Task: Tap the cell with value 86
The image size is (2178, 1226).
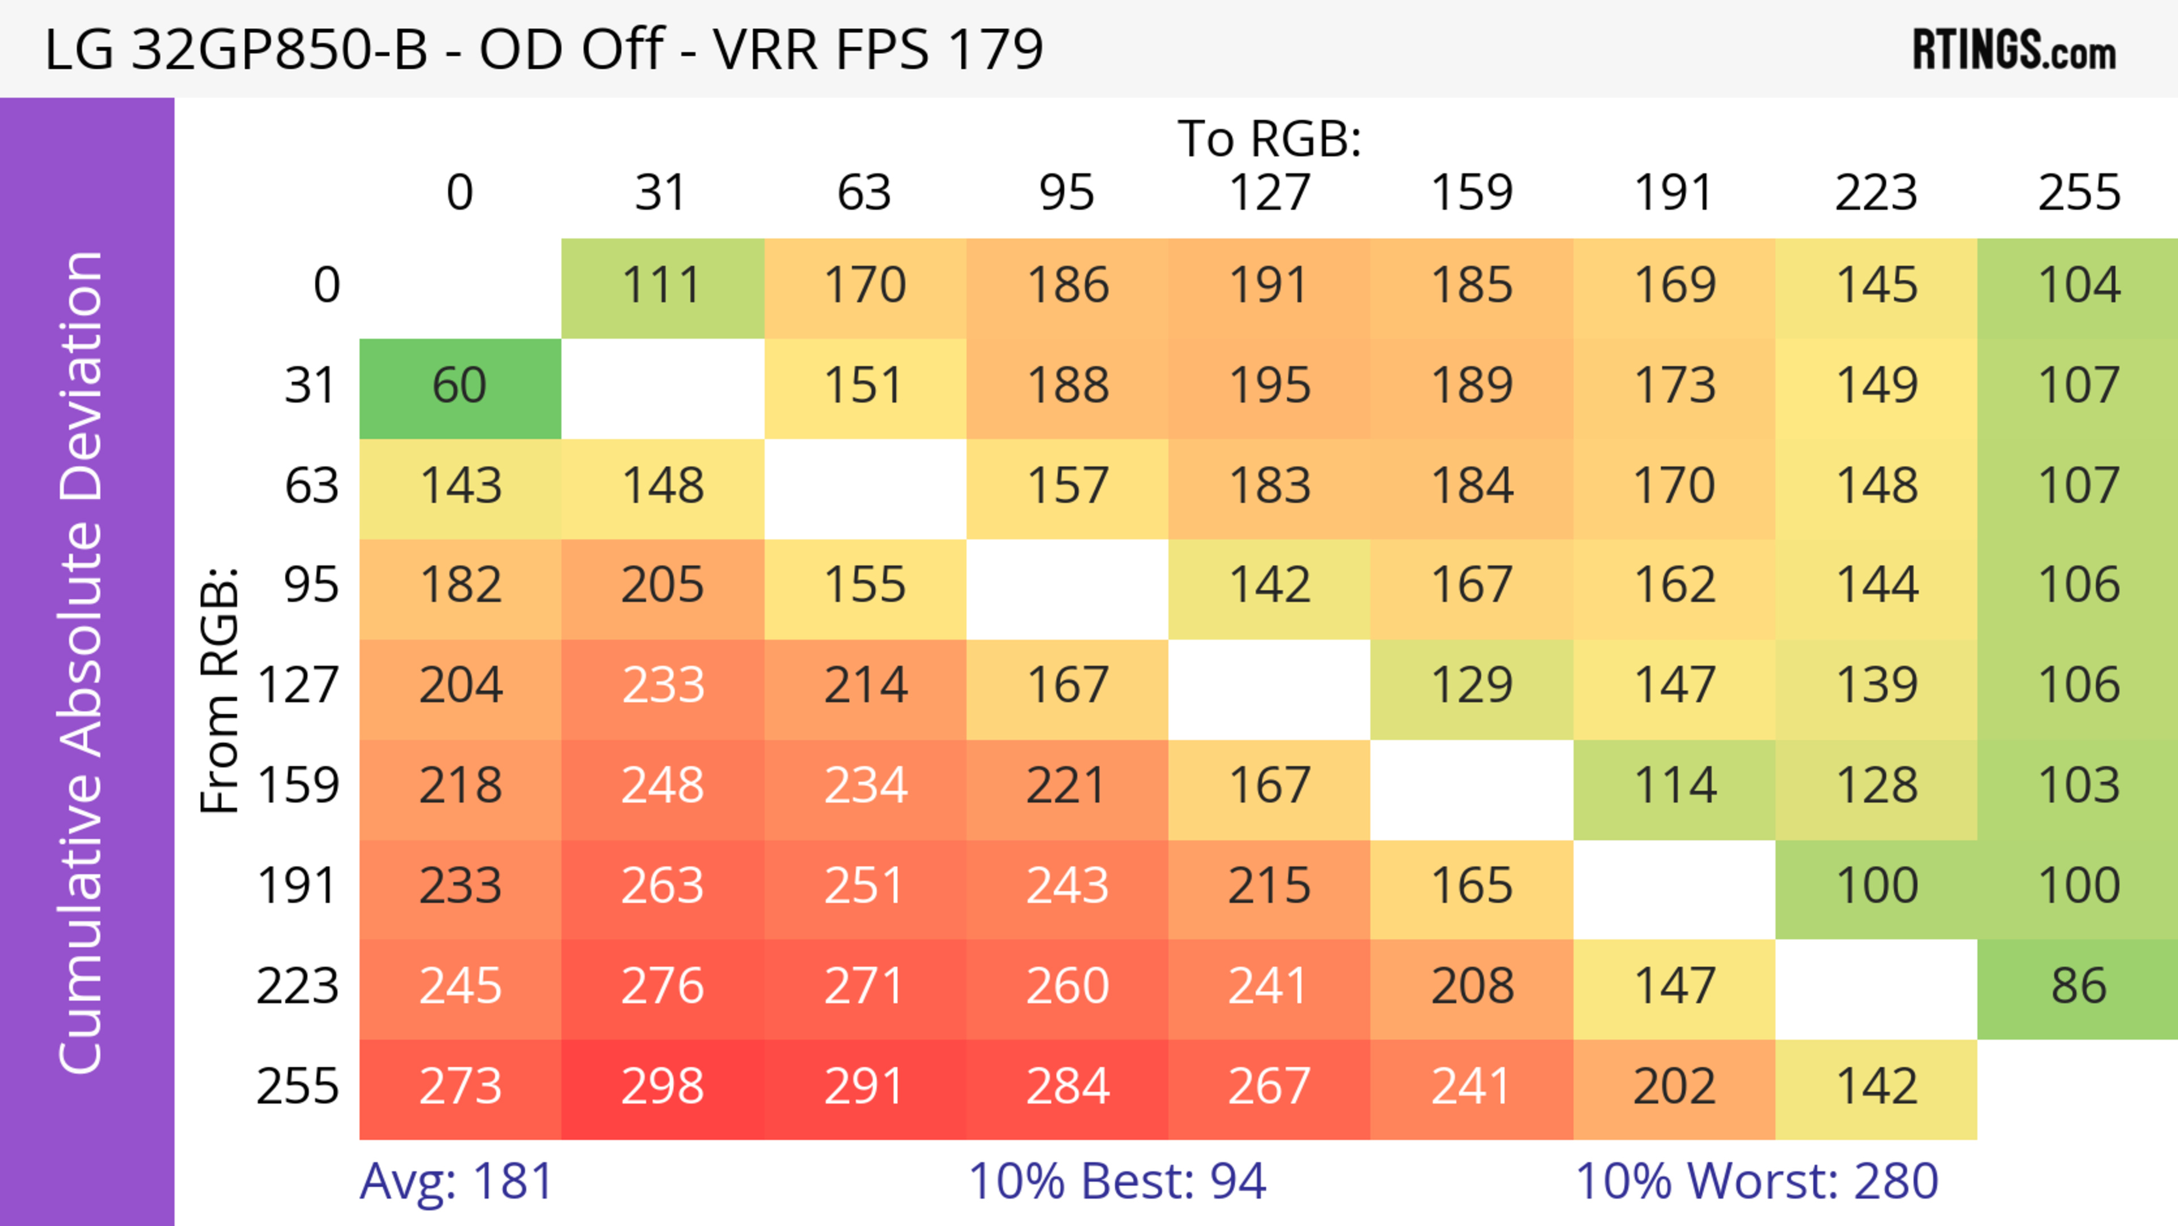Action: pos(2078,987)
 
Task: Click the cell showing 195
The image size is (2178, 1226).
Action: pos(1269,386)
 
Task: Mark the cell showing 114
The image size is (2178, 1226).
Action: pos(1674,786)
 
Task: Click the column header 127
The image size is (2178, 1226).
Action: pos(1269,193)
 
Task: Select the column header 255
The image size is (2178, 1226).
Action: pos(2078,193)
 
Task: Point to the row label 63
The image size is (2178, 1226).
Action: pos(311,486)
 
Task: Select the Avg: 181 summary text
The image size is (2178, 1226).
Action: pos(457,1181)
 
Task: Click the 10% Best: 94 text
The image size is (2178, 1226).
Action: pos(1117,1181)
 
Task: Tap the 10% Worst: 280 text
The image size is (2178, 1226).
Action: pos(1756,1181)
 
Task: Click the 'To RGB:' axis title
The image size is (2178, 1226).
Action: pos(1269,138)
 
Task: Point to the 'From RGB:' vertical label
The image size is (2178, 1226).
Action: pos(220,689)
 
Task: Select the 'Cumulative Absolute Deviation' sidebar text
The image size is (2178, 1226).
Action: pos(82,662)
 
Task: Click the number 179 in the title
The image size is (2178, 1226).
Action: pos(996,49)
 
